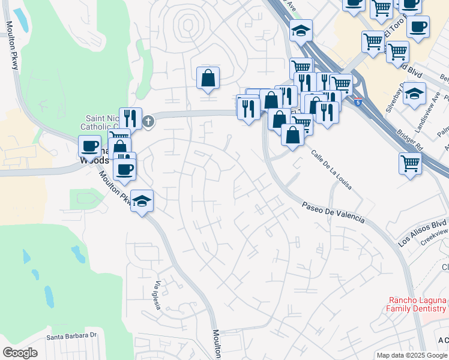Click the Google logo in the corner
pyautogui.click(x=20, y=353)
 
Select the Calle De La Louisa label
pyautogui.click(x=331, y=170)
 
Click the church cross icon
pyautogui.click(x=148, y=122)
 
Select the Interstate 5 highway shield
pyautogui.click(x=358, y=102)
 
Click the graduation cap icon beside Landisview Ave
pyautogui.click(x=414, y=93)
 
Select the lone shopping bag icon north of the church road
pyautogui.click(x=208, y=77)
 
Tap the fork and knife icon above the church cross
pyautogui.click(x=130, y=117)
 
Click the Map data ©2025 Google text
pyautogui.click(x=412, y=355)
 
